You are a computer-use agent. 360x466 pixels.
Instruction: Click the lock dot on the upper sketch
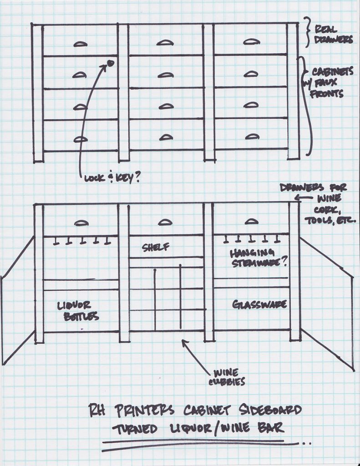(111, 63)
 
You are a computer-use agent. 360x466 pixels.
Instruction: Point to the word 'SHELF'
(156, 247)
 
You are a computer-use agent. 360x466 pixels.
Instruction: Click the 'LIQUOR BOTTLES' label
(77, 310)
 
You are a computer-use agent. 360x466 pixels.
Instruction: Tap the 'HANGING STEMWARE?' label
(259, 258)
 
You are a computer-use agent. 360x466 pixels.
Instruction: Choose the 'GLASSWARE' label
(259, 304)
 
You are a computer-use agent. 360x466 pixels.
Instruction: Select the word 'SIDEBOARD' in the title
(270, 410)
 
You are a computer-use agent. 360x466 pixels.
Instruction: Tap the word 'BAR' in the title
(271, 428)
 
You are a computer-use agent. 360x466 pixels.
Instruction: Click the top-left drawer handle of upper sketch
(80, 44)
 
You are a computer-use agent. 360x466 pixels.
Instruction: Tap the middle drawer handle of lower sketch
(165, 222)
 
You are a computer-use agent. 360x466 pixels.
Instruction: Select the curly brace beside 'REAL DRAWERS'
(308, 32)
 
